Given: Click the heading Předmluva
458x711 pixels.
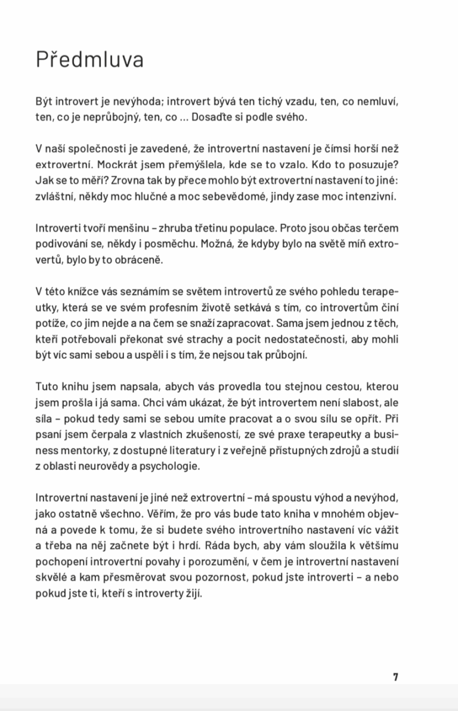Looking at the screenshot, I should pyautogui.click(x=89, y=60).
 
